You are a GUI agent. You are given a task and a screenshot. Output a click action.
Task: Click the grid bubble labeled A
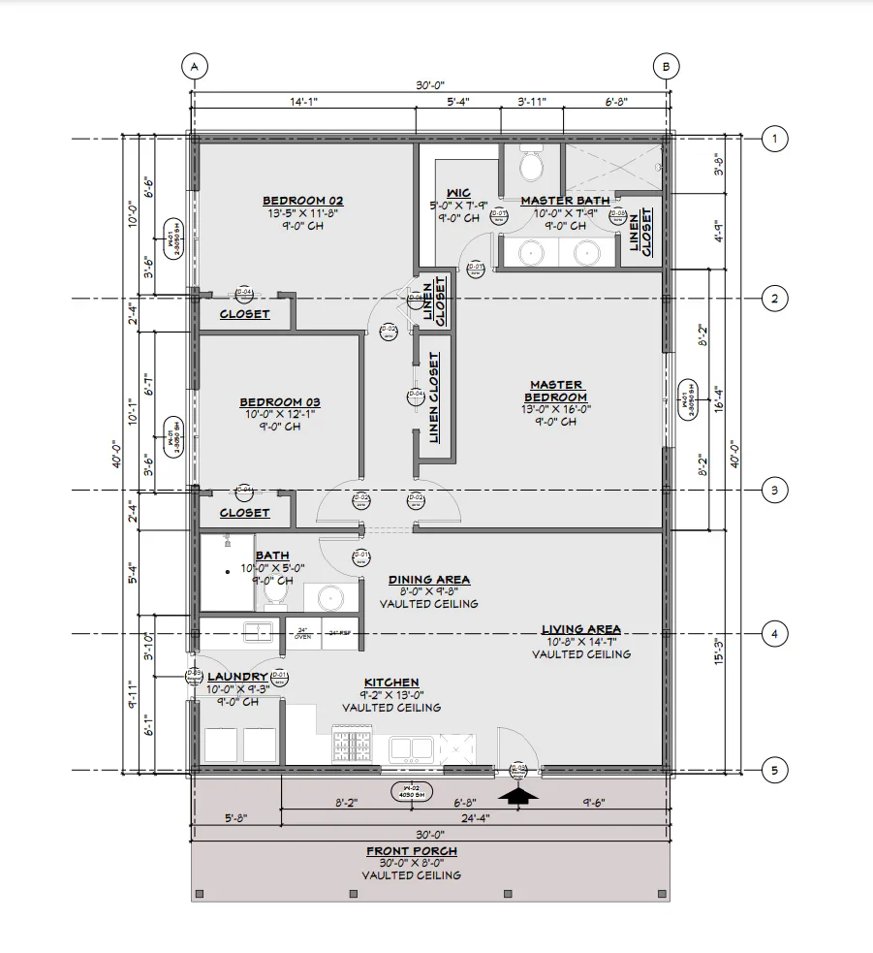tap(195, 66)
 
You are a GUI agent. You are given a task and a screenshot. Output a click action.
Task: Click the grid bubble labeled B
tap(667, 66)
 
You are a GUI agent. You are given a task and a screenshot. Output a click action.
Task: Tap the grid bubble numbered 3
tap(773, 491)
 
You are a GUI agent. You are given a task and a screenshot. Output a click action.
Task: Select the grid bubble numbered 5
tap(773, 772)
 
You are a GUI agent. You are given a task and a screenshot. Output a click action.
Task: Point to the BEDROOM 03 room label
tap(280, 402)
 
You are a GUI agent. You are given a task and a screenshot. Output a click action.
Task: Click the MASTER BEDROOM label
tap(555, 391)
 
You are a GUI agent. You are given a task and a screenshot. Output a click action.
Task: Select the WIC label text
tap(459, 193)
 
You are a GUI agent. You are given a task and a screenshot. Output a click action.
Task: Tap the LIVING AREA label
tap(580, 629)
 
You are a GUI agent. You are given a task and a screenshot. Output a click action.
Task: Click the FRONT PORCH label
tap(411, 851)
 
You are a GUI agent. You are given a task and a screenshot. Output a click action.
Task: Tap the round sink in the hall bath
tap(323, 596)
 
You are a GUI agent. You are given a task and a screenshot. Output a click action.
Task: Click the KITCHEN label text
tap(391, 683)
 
